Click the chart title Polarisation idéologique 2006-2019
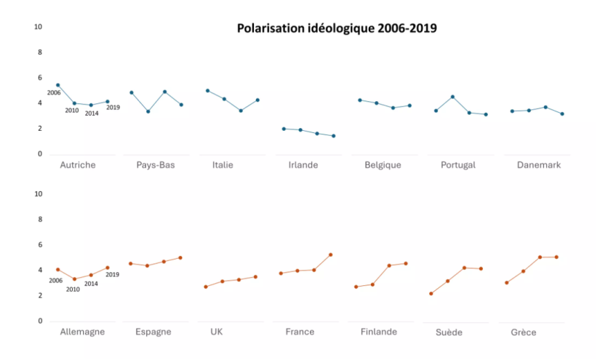coord(337,28)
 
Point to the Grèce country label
coord(524,332)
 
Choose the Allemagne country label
coord(82,332)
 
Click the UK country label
coord(216,332)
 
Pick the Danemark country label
coord(539,165)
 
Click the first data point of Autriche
coord(58,85)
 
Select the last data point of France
coord(331,255)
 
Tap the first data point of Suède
coord(431,294)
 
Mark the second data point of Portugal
coord(452,97)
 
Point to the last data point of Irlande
coord(334,136)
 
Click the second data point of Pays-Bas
coord(148,111)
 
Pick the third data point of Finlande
coord(389,265)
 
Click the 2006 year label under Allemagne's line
coord(55,281)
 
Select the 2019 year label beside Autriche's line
coord(113,108)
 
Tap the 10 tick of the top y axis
coord(39,27)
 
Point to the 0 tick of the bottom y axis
coord(41,321)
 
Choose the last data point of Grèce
coord(557,257)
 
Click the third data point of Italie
coord(241,111)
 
